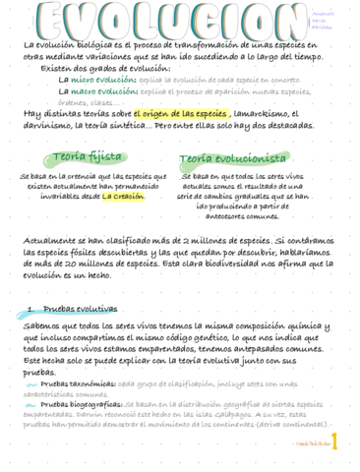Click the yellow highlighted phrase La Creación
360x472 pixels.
[x=123, y=196]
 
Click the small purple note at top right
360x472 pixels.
[x=323, y=21]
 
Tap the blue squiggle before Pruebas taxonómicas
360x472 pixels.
[x=31, y=383]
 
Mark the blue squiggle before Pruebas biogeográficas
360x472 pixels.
[x=31, y=403]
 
